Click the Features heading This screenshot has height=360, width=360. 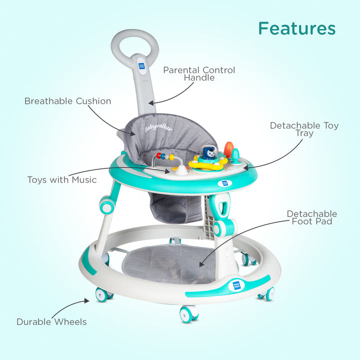[297, 28]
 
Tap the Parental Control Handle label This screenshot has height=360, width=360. [199, 73]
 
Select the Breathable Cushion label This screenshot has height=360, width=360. [67, 101]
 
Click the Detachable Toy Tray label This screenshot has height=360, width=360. [304, 129]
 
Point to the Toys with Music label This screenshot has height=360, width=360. [62, 180]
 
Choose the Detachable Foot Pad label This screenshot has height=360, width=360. [312, 217]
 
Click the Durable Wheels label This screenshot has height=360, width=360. [51, 321]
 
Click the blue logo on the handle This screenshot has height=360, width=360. [141, 66]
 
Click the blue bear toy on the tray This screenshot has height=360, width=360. [209, 152]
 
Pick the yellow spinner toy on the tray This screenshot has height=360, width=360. [208, 162]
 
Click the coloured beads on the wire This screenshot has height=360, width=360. [165, 156]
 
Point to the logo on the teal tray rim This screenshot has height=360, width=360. [222, 183]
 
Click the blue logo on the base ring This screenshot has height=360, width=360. [236, 285]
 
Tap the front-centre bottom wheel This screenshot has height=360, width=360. [189, 314]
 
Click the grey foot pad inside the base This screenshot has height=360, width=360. [169, 263]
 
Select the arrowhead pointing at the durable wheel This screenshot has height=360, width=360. [86, 300]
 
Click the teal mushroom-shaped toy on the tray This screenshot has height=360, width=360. [235, 154]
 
